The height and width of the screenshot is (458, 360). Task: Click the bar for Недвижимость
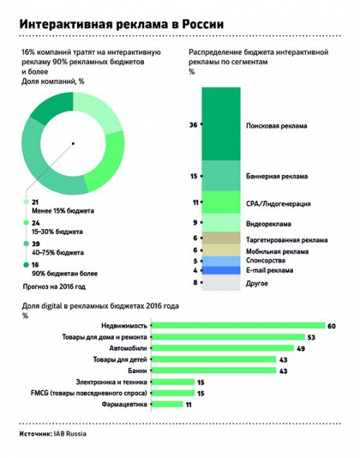coord(239,325)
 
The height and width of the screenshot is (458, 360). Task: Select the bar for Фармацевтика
coord(168,404)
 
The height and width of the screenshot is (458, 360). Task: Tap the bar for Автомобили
coord(223,348)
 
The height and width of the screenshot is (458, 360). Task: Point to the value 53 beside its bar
coord(311,337)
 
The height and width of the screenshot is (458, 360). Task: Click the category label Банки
coord(138,371)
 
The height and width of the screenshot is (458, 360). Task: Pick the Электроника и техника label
coord(112,382)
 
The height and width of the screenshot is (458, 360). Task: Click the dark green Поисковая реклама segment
coord(221,124)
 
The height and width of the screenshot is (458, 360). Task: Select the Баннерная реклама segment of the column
coord(221,176)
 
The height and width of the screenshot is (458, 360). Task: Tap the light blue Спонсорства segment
coord(221,261)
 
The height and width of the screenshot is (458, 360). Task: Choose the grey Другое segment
coord(221,282)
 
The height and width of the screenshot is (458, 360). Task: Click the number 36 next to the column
coord(193,125)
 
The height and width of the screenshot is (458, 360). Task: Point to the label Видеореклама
coord(269,224)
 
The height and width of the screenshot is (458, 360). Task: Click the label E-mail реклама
coord(269,270)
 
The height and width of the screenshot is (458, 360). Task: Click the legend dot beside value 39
coord(26,243)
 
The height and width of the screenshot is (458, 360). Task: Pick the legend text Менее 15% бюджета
coord(63,210)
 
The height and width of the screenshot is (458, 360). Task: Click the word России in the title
coord(203,24)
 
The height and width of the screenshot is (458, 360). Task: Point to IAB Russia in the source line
coord(70,434)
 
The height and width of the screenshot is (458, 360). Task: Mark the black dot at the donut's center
coord(73,143)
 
